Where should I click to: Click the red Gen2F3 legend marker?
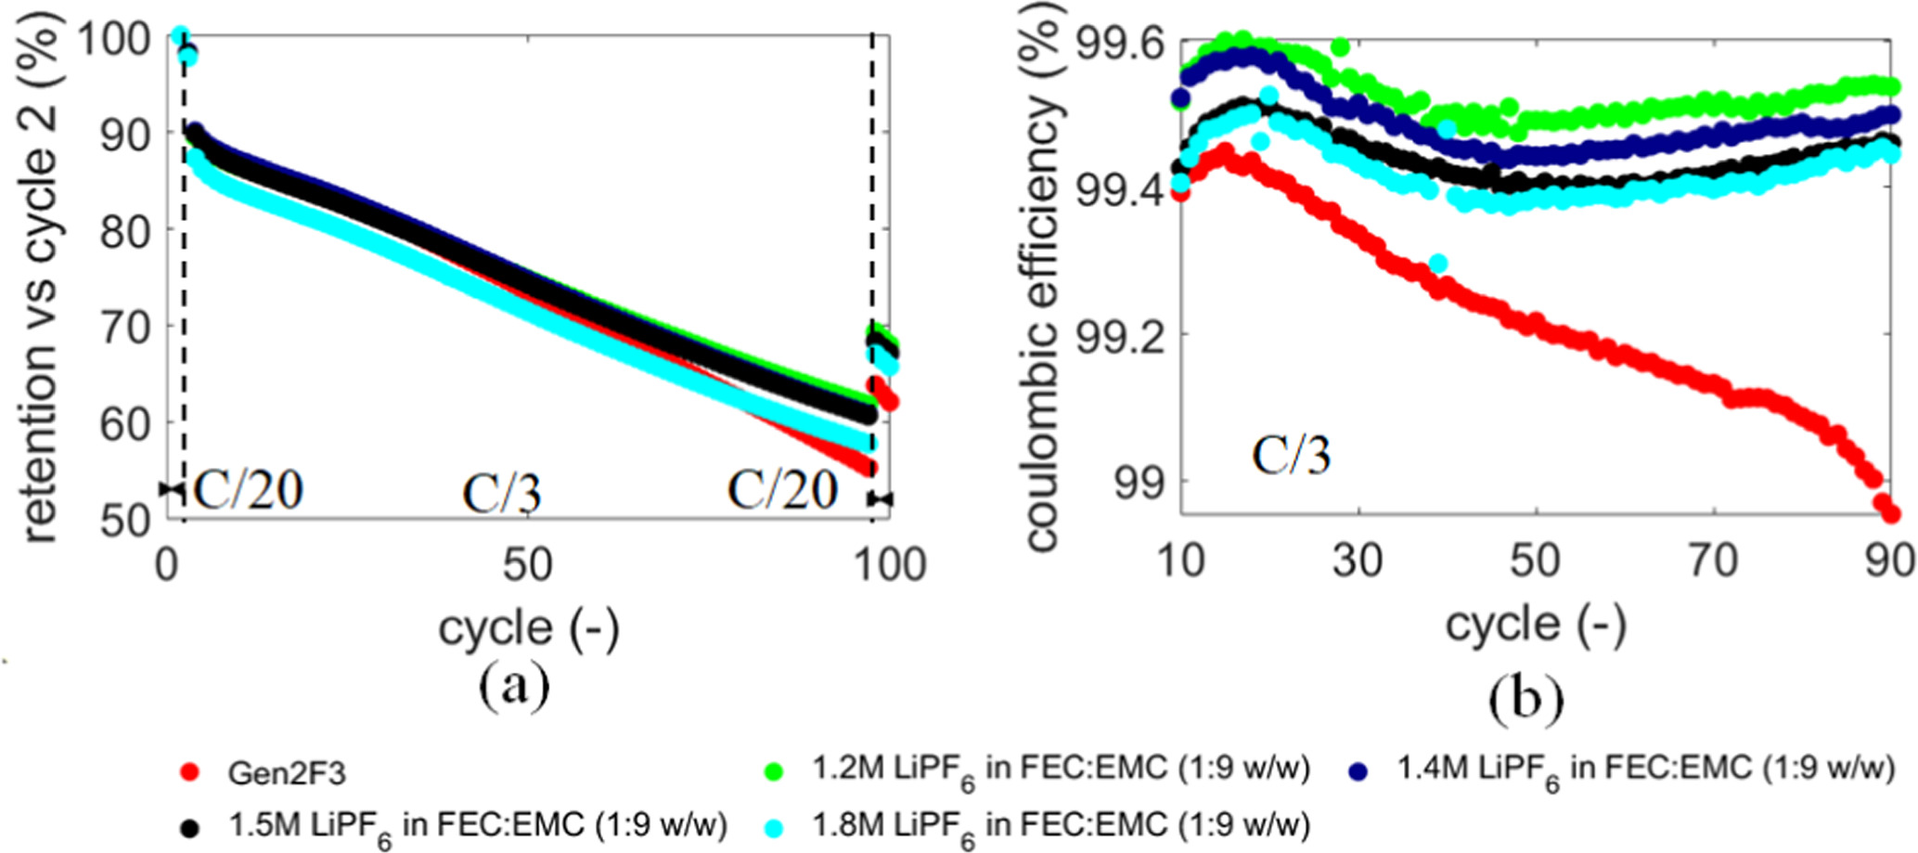pos(190,772)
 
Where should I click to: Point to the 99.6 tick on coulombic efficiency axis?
pos(1117,43)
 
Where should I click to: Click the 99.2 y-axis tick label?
pos(1117,335)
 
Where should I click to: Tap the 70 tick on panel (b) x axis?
pos(1712,562)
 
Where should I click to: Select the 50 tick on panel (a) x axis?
pos(527,565)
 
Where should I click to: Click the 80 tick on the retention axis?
pos(126,230)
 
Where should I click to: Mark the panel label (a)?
pos(514,686)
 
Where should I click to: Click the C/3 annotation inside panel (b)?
pos(1291,456)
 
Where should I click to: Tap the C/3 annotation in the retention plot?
pos(501,494)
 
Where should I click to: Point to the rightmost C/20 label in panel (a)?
pos(782,489)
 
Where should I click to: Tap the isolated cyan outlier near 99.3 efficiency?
pos(1438,265)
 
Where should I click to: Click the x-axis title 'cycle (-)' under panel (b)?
pos(1536,624)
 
